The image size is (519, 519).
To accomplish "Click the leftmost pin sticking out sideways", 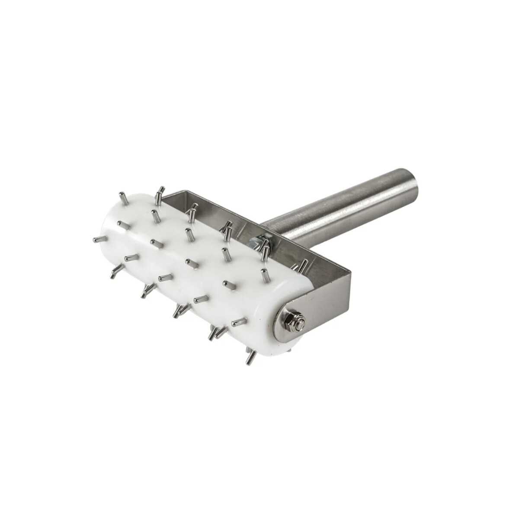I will (x=99, y=239).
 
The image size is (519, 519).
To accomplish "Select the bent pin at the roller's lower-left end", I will (x=115, y=272).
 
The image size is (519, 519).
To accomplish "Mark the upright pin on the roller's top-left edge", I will (x=122, y=199).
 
